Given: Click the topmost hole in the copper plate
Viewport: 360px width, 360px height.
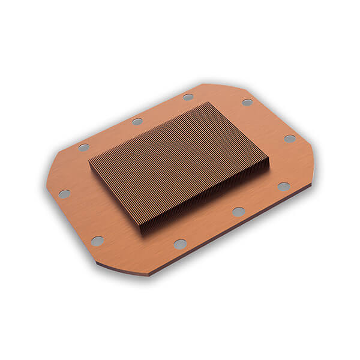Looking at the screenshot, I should click(188, 97).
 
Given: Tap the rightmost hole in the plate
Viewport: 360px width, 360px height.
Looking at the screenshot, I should click(290, 139).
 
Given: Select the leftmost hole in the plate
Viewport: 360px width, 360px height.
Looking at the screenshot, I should click(64, 194).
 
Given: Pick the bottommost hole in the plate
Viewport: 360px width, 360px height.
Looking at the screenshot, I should click(180, 244).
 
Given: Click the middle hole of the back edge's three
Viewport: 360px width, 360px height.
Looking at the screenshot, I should click(137, 121).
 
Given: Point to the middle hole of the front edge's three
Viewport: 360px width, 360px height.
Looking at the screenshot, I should click(238, 211).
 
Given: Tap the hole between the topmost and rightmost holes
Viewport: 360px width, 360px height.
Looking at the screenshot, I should click(247, 102).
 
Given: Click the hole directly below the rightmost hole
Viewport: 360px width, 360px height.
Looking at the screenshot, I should click(284, 187).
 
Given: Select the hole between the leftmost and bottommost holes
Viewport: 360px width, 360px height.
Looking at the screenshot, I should click(97, 241).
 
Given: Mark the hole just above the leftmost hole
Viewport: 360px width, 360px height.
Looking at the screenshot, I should click(83, 147).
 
